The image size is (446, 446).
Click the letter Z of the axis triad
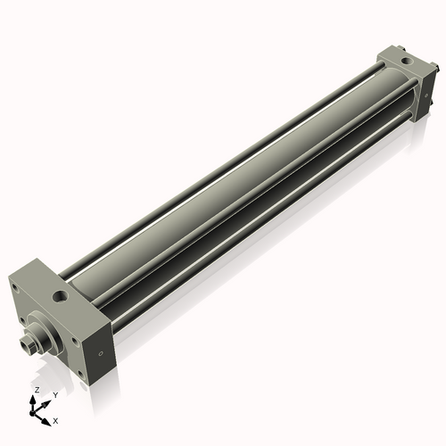click(36, 391)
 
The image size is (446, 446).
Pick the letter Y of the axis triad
click(55, 394)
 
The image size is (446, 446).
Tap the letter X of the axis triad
click(56, 419)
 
